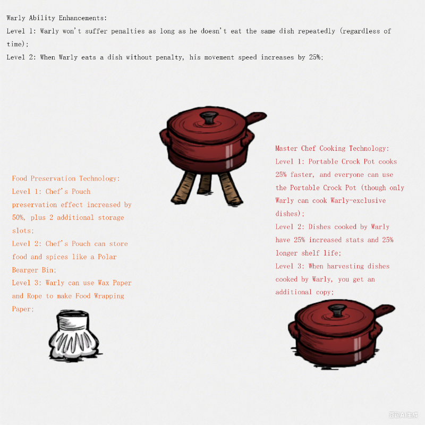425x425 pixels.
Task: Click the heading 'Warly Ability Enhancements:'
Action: point(57,18)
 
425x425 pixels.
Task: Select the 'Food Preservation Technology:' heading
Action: point(66,178)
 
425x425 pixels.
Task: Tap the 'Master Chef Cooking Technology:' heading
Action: point(332,149)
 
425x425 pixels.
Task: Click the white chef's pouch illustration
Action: point(74,337)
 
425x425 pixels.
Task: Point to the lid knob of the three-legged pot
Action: point(208,117)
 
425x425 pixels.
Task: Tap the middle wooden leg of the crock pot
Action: point(204,184)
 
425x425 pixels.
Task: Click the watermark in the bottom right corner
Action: point(403,414)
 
